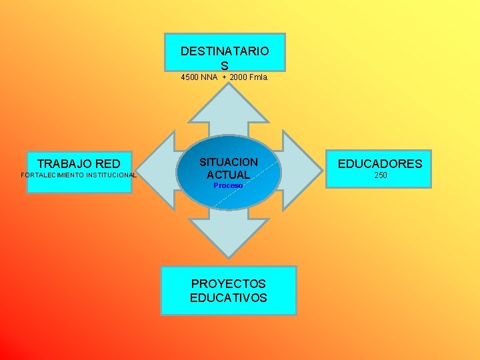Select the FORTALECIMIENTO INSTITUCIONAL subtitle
79,175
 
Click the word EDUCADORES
380,163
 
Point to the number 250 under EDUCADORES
380,175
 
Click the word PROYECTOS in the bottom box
228,284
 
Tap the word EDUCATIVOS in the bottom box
228,297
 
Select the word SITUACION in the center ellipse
229,162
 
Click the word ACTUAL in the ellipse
229,175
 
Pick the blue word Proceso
228,185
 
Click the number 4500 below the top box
191,77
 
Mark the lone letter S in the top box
225,65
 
